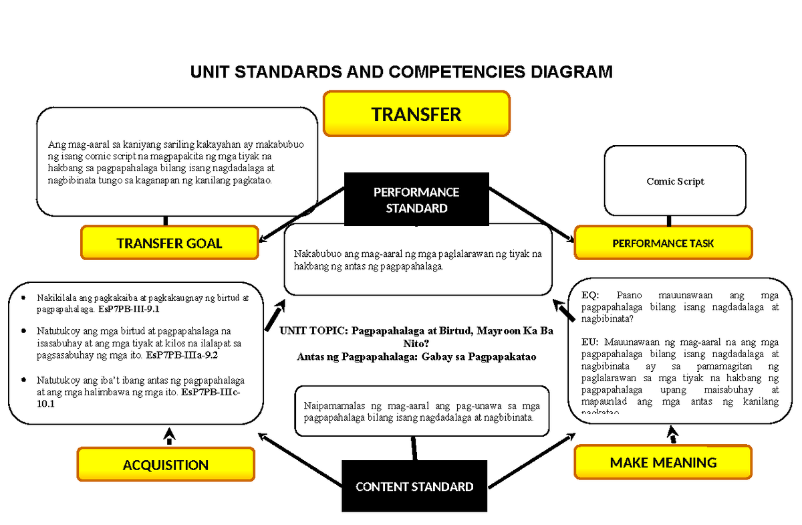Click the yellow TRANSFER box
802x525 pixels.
(416, 114)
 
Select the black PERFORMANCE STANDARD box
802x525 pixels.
(416, 200)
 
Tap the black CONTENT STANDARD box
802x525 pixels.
(414, 487)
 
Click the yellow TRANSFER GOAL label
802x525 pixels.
(169, 243)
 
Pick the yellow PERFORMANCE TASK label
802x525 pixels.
(663, 243)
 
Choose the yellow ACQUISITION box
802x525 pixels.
(166, 465)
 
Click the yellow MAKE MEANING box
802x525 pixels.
(663, 462)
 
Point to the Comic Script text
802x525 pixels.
(675, 181)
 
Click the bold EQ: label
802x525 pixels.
(591, 295)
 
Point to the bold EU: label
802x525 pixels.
(591, 342)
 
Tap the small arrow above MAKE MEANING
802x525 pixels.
(673, 435)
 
